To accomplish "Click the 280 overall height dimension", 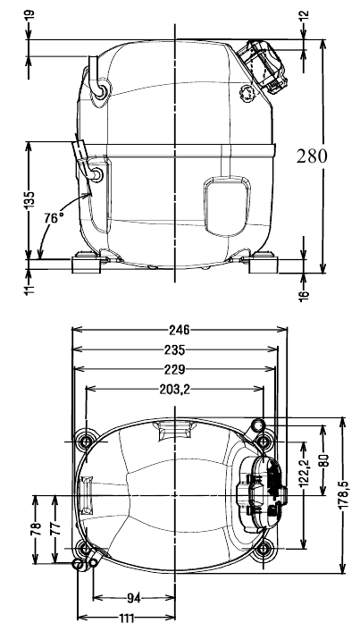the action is [312, 156].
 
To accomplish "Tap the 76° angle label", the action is [54, 218].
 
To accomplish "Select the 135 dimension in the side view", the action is [29, 200].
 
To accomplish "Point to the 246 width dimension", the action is [179, 330].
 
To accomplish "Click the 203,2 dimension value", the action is [174, 389].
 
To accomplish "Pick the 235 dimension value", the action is [174, 350].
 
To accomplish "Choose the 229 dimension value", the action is [174, 369].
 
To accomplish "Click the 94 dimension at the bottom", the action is [133, 599].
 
